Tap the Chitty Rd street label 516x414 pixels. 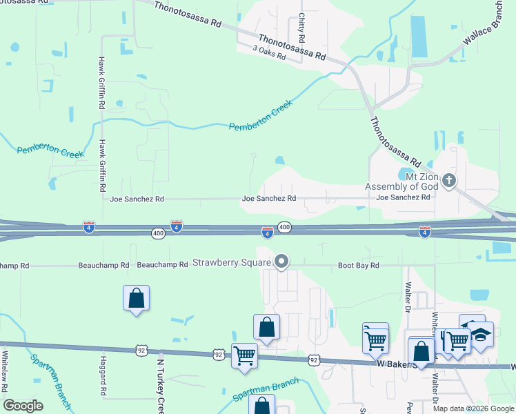tap(301, 27)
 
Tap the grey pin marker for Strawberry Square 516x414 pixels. tap(281, 262)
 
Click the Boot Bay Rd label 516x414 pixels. tap(359, 266)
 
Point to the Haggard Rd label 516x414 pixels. tap(103, 376)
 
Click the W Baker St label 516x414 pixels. tap(397, 363)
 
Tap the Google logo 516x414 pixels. tap(23, 406)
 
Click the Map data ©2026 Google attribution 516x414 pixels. tap(474, 408)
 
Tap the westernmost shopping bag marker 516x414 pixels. tap(137, 298)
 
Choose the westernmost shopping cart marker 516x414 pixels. tap(244, 355)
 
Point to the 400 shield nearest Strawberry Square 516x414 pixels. tap(284, 227)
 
